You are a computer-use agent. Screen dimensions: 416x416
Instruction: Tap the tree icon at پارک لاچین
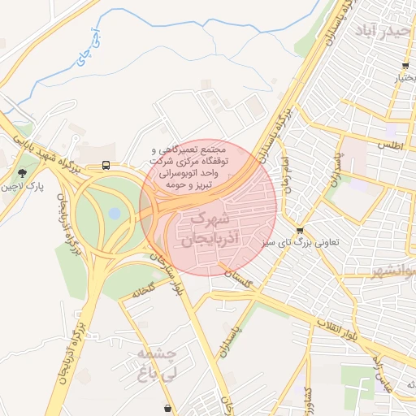pyautogui.click(x=22, y=172)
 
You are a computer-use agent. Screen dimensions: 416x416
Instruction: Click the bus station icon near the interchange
pyautogui.click(x=106, y=165)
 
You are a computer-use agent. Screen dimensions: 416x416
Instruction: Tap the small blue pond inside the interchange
pyautogui.click(x=114, y=213)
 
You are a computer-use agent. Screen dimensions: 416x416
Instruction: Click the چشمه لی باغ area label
pyautogui.click(x=158, y=363)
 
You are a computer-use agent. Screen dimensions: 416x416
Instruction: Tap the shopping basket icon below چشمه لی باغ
pyautogui.click(x=167, y=408)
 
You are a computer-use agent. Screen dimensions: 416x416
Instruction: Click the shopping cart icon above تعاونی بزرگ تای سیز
pyautogui.click(x=301, y=231)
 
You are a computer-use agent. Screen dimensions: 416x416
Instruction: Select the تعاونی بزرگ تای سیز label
pyautogui.click(x=307, y=242)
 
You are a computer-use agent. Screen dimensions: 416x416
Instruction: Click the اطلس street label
pyautogui.click(x=391, y=144)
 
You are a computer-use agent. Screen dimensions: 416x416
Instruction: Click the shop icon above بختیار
pyautogui.click(x=405, y=66)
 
